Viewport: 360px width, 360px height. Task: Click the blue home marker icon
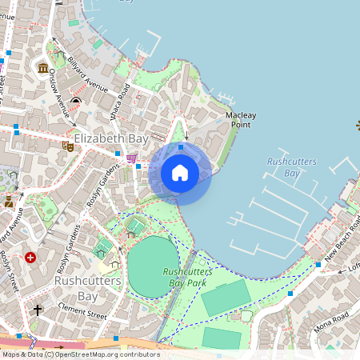tap(180, 173)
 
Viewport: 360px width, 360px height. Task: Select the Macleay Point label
tap(240, 120)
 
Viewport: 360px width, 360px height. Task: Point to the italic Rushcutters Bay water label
tap(291, 167)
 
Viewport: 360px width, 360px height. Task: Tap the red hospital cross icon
tap(30, 258)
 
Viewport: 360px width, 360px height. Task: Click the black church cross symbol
tap(37, 309)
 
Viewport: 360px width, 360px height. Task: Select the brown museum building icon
tap(42, 68)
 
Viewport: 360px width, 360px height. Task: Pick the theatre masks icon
tap(68, 146)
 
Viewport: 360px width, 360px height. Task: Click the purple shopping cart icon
tap(131, 158)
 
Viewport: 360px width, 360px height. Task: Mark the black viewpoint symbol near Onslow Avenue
tap(75, 101)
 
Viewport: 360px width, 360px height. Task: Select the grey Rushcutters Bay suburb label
tap(87, 288)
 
